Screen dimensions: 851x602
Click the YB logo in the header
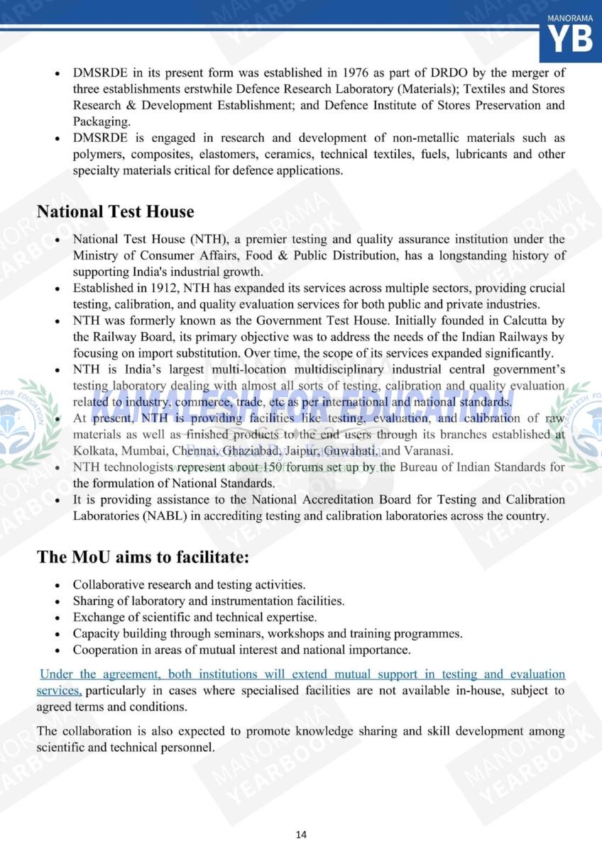[571, 41]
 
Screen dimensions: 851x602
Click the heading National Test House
[115, 212]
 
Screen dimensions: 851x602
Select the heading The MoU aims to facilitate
[143, 557]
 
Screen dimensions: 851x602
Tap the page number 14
[301, 835]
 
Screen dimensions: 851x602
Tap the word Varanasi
[427, 451]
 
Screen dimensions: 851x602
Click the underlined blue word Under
[56, 674]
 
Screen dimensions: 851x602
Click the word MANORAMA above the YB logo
[570, 16]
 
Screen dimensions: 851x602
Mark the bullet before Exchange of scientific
[58, 618]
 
